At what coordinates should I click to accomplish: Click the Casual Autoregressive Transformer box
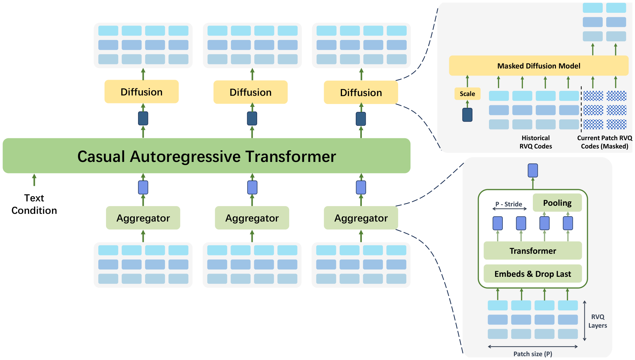click(207, 156)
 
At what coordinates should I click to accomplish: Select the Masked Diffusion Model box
click(539, 66)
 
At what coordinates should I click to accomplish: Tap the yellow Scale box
click(467, 94)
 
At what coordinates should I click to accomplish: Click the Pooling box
click(557, 203)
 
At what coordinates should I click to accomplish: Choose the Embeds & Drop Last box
click(533, 274)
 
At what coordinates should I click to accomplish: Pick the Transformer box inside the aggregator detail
click(533, 251)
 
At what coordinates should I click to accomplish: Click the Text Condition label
click(34, 204)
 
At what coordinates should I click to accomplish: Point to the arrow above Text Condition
click(34, 180)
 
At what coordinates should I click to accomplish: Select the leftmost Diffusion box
click(142, 92)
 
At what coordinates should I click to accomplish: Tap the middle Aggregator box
click(252, 218)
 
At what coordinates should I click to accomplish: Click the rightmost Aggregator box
click(361, 218)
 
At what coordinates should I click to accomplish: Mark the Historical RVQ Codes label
click(536, 142)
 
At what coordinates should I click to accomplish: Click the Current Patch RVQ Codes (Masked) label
click(605, 142)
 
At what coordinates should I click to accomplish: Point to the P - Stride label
click(509, 204)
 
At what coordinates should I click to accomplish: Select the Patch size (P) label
click(533, 354)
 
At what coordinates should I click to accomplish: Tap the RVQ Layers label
click(598, 321)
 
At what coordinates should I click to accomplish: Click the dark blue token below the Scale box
click(467, 115)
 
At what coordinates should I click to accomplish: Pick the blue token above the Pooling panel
click(533, 170)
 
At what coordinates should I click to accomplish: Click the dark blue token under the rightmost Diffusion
click(361, 119)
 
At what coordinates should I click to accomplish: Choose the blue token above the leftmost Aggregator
click(143, 188)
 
